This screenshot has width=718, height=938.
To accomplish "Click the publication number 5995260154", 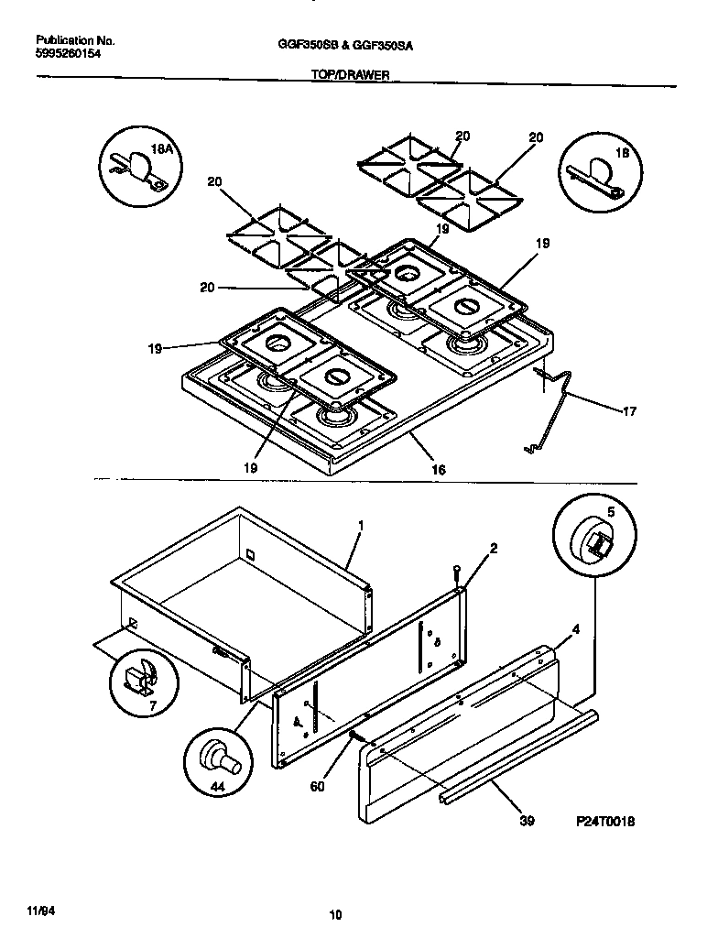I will pyautogui.click(x=70, y=55).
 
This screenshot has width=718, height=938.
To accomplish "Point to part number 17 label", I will pyautogui.click(x=628, y=411).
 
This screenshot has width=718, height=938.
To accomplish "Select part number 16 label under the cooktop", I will pyautogui.click(x=439, y=469).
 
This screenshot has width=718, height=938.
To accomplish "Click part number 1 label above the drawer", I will pyautogui.click(x=361, y=526).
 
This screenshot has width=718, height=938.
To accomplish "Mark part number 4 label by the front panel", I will pyautogui.click(x=575, y=629).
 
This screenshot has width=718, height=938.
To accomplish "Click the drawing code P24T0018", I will pyautogui.click(x=605, y=822).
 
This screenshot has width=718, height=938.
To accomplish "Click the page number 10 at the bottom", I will pyautogui.click(x=335, y=912).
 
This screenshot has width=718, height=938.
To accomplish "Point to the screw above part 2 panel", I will pyautogui.click(x=455, y=575).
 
